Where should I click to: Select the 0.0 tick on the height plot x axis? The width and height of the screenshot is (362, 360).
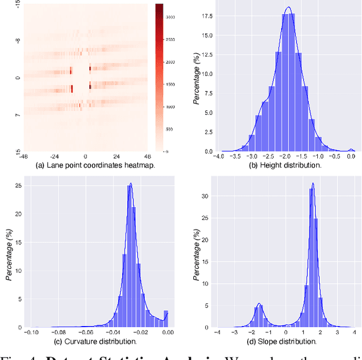click(351, 157)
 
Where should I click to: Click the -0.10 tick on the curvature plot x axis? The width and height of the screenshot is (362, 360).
click(31, 333)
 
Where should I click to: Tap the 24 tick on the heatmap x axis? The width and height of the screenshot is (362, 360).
click(116, 157)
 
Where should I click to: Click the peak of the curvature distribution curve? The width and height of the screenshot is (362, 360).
click(131, 183)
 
